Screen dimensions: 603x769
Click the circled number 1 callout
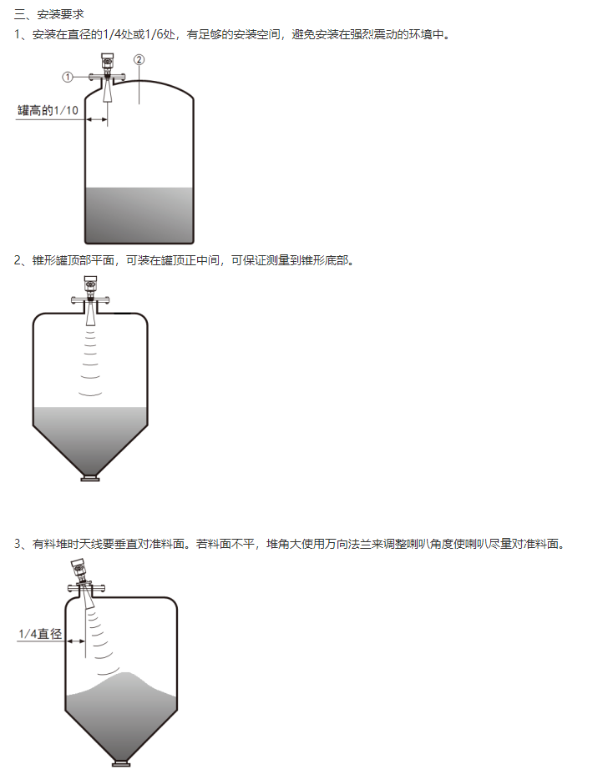point(68,77)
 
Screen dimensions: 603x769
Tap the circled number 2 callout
point(139,60)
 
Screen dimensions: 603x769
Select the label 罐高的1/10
point(48,110)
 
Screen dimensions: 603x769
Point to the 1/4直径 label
point(40,634)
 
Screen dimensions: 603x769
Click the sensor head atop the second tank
point(90,285)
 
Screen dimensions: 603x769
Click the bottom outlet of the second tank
point(90,478)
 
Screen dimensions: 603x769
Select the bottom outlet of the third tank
point(121,762)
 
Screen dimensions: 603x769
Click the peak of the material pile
point(128,673)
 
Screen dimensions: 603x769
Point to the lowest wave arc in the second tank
point(90,394)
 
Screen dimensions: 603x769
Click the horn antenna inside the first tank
point(107,92)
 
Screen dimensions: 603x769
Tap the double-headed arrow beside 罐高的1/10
point(97,119)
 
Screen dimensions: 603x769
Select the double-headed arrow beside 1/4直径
point(76,641)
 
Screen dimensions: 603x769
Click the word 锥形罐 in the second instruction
point(49,260)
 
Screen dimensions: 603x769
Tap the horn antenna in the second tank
point(90,314)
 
